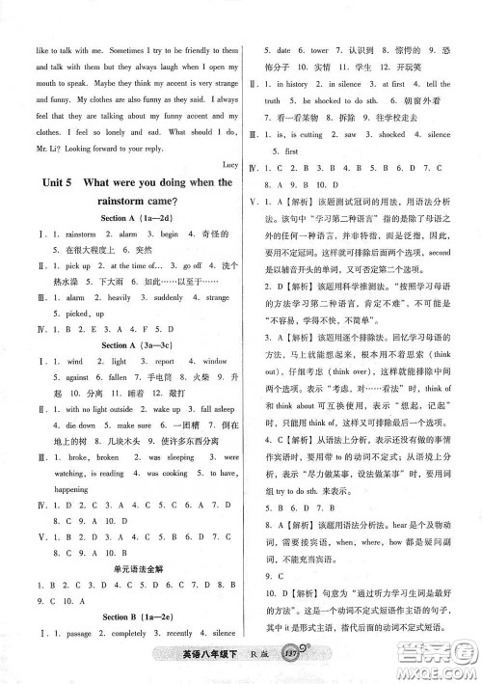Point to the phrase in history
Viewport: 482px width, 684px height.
292,85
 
